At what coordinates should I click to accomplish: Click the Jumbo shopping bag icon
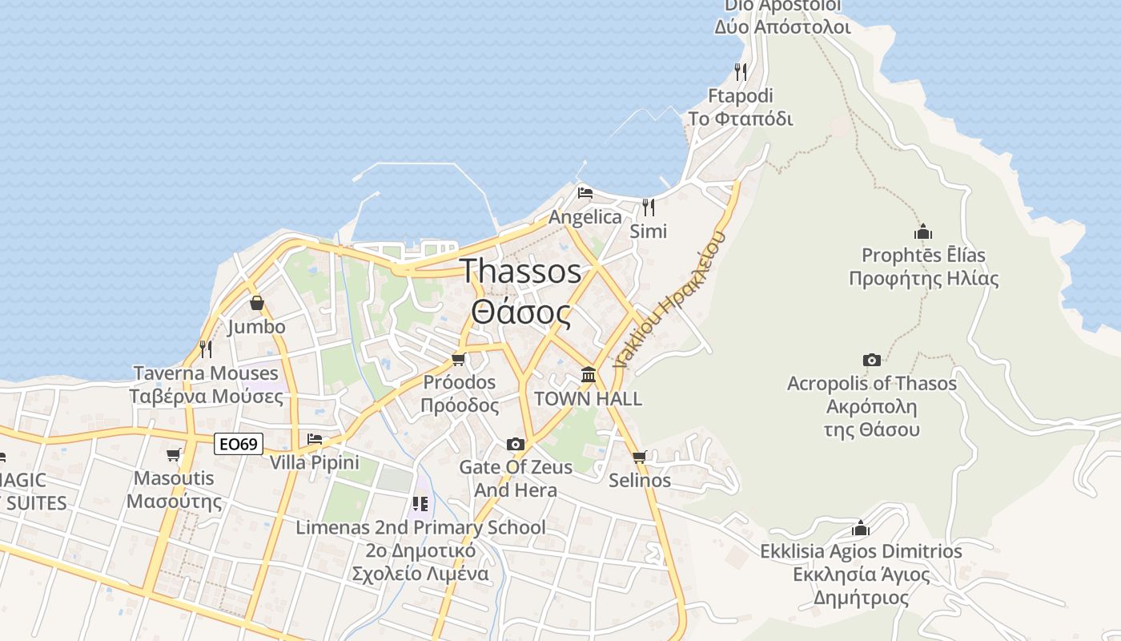click(256, 303)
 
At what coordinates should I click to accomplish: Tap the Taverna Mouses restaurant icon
click(206, 349)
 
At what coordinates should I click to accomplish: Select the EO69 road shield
click(239, 444)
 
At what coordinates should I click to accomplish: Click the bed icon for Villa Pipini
click(315, 438)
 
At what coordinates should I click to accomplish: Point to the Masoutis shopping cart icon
click(173, 454)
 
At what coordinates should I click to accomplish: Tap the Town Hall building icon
click(589, 374)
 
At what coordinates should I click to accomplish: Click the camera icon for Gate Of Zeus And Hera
click(516, 444)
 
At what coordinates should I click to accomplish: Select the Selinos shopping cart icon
click(639, 457)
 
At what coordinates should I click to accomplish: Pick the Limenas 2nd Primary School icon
click(420, 504)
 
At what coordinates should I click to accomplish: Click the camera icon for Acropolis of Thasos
click(872, 360)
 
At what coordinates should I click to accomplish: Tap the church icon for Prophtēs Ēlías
click(923, 232)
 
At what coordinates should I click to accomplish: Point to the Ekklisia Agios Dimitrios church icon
click(861, 528)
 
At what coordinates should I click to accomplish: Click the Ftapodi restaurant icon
click(741, 72)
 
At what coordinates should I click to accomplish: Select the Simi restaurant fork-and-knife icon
click(649, 208)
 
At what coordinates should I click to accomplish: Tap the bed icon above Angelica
click(585, 193)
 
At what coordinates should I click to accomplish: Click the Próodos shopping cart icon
click(459, 358)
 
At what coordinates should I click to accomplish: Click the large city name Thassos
click(520, 272)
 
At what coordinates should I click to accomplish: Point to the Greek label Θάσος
click(520, 313)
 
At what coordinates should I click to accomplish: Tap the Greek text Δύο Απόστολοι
click(782, 26)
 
